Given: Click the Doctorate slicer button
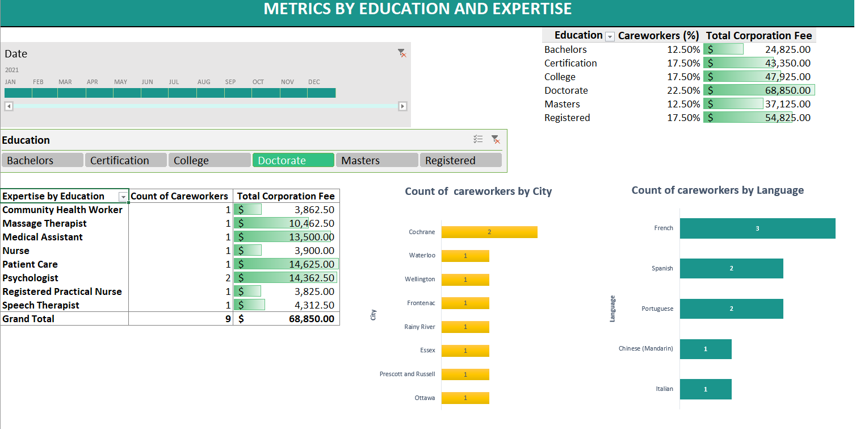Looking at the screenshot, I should tap(293, 160).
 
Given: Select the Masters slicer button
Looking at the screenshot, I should tap(376, 160).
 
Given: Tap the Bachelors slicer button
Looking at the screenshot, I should tap(42, 160).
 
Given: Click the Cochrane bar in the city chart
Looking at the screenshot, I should tap(489, 232).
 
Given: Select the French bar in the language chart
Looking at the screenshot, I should tap(757, 228).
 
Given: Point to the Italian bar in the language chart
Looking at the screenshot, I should tap(705, 389).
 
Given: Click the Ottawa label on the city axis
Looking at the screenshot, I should tap(425, 398).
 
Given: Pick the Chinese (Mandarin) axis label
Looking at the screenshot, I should tap(645, 348).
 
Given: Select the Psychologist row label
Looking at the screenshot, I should tap(31, 278).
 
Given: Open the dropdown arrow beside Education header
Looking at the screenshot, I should tap(610, 36).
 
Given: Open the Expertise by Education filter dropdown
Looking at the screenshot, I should tap(123, 197).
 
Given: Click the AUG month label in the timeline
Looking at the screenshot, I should tap(204, 82).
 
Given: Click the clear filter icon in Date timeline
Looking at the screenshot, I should tap(402, 53).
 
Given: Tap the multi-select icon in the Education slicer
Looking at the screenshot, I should tap(478, 139).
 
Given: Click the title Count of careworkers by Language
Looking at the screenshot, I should tap(717, 190).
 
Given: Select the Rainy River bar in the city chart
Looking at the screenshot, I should tap(465, 327).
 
